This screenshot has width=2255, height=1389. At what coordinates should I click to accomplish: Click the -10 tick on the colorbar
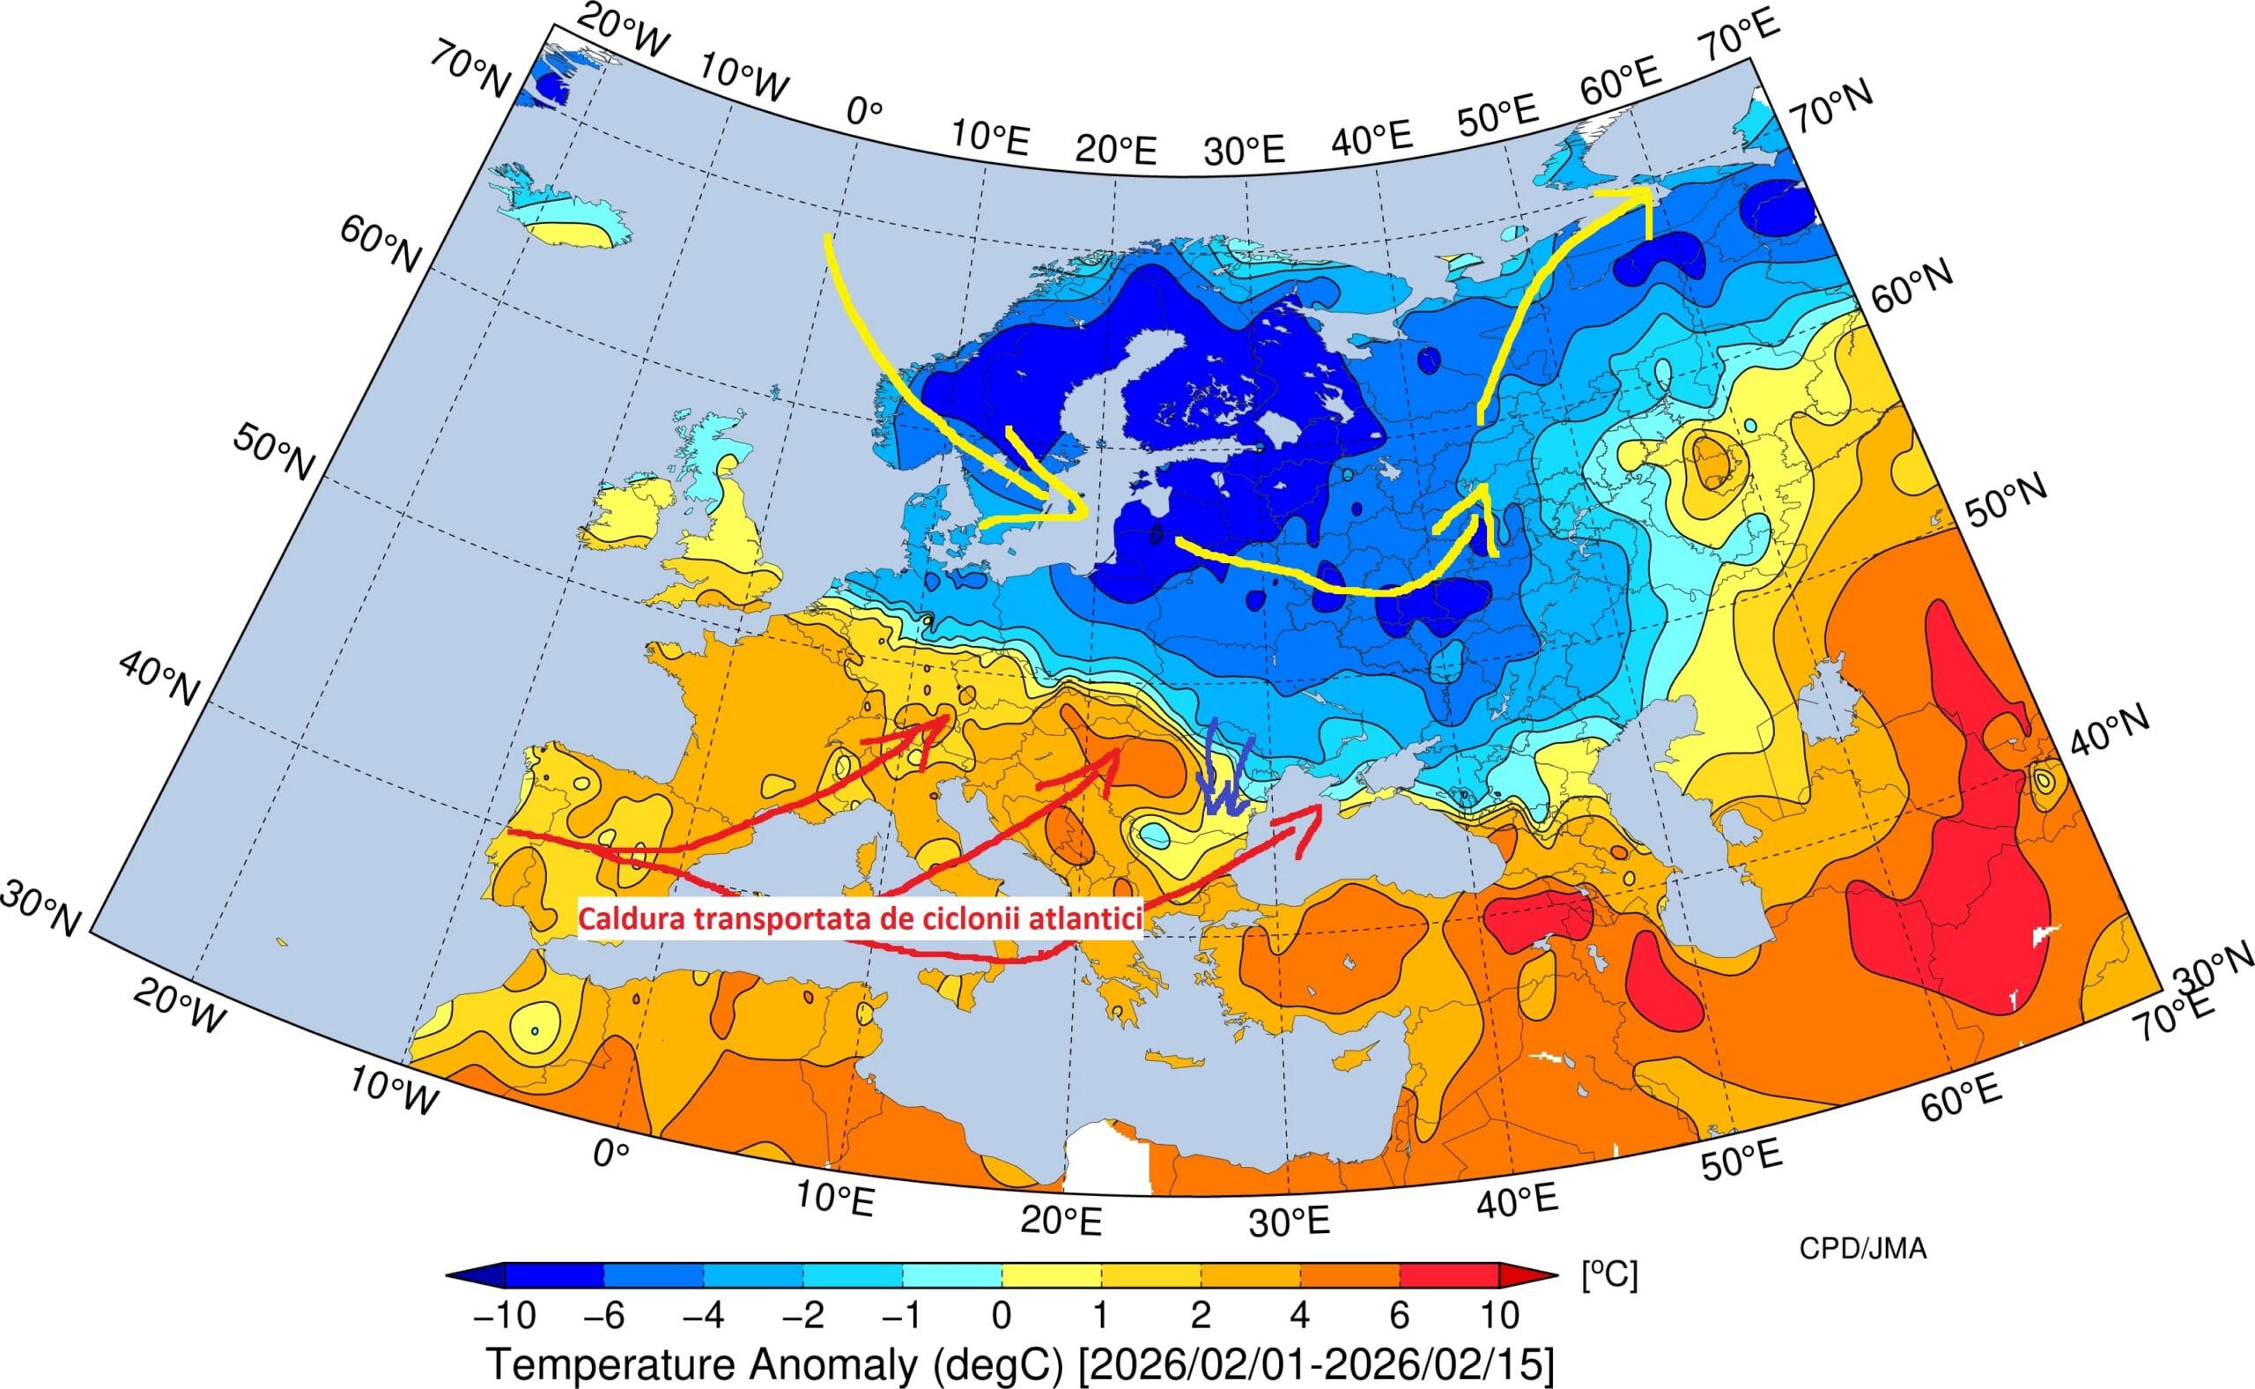pyautogui.click(x=504, y=1317)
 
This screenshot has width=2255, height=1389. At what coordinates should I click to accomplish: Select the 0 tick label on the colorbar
pyautogui.click(x=1001, y=1317)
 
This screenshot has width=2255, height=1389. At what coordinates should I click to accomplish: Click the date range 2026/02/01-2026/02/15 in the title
pyautogui.click(x=1317, y=1366)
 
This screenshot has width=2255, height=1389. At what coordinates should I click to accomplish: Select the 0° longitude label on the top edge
pyautogui.click(x=864, y=112)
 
